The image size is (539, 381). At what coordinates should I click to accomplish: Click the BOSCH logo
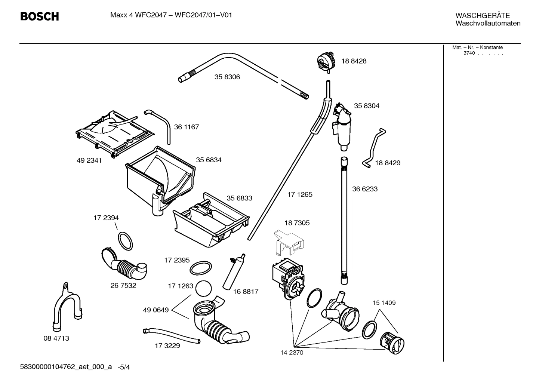[39, 16]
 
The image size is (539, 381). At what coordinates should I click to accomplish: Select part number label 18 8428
[354, 61]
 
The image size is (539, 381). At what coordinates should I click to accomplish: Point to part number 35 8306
[227, 77]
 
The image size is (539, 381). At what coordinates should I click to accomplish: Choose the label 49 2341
[89, 161]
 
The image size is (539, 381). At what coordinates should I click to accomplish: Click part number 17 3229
[167, 346]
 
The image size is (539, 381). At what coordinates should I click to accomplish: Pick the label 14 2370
[292, 353]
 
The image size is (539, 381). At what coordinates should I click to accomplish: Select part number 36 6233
[365, 189]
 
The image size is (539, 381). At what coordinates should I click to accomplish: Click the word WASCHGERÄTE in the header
[482, 15]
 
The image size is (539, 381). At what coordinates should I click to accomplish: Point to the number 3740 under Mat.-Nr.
[469, 53]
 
